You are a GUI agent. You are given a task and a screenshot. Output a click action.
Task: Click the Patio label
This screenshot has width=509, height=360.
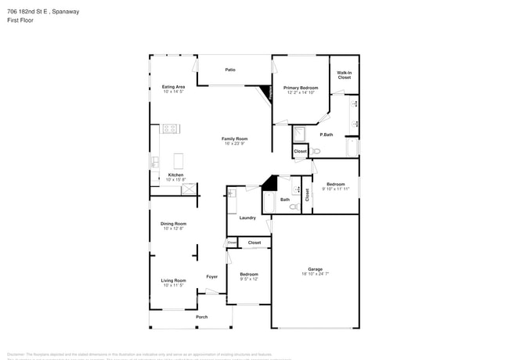click(x=230, y=70)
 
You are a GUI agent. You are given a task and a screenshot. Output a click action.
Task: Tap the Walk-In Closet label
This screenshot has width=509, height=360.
click(x=344, y=75)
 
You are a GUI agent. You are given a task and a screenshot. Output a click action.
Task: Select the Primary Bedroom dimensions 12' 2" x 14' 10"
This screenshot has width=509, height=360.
click(x=301, y=92)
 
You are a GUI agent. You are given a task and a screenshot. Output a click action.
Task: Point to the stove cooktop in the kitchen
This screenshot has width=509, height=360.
click(x=170, y=128)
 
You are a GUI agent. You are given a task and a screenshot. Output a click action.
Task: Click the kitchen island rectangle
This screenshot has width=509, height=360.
click(x=179, y=161)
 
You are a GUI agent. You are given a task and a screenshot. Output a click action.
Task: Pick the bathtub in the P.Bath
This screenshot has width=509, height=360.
click(x=352, y=147)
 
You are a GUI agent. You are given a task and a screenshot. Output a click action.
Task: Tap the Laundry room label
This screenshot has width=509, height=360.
click(x=247, y=218)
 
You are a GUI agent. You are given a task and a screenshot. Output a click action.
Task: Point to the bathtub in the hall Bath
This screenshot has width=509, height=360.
click(x=269, y=203)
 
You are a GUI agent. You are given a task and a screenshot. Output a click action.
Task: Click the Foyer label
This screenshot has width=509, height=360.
click(x=211, y=276)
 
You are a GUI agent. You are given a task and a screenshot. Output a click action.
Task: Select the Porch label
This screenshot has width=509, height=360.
click(x=201, y=317)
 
